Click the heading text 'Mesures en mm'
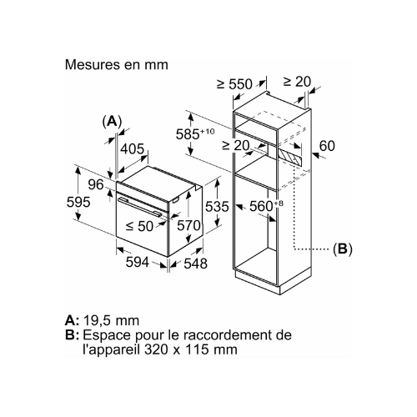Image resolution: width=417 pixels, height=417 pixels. click(x=117, y=65)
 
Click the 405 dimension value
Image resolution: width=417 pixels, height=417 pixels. click(x=133, y=148)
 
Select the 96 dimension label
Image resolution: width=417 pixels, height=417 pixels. click(x=96, y=184)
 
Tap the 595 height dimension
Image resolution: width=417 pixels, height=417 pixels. click(x=78, y=202)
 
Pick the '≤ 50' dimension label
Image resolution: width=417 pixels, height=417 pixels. click(x=139, y=226)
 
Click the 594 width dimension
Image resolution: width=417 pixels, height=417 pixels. click(x=138, y=262)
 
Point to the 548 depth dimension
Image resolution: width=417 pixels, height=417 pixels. click(x=196, y=264)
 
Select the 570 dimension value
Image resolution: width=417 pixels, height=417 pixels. click(x=188, y=225)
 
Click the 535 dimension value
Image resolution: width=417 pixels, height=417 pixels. click(x=217, y=206)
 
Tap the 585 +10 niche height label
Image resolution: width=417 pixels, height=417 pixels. click(x=195, y=133)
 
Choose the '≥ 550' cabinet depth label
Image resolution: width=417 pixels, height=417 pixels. click(x=234, y=84)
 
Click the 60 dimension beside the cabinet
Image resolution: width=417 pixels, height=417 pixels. click(x=327, y=146)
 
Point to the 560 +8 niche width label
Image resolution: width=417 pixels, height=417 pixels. click(x=266, y=206)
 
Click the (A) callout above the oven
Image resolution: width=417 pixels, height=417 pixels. click(x=112, y=122)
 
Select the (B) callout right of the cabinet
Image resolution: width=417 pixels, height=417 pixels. click(x=343, y=249)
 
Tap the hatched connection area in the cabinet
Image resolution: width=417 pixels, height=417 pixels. click(x=289, y=157)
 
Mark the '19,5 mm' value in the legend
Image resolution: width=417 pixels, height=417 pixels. click(x=111, y=321)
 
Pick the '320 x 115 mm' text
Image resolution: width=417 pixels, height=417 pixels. click(x=191, y=349)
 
